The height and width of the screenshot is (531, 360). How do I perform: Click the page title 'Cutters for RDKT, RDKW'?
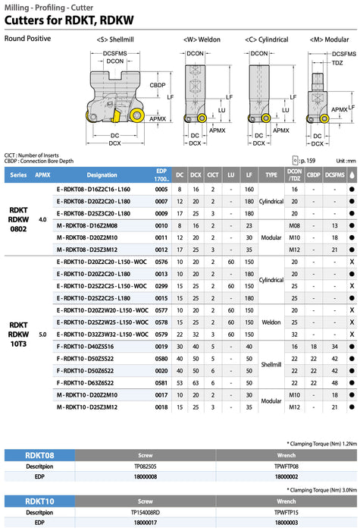pyautogui.click(x=69, y=20)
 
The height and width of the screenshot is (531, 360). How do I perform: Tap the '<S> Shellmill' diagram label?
pyautogui.click(x=115, y=39)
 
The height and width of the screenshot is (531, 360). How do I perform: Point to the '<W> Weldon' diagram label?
pyautogui.click(x=202, y=39)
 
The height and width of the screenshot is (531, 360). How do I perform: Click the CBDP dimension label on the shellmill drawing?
pyautogui.click(x=158, y=85)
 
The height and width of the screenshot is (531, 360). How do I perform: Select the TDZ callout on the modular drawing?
pyautogui.click(x=337, y=63)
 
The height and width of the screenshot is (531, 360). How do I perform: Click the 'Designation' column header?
pyautogui.click(x=102, y=175)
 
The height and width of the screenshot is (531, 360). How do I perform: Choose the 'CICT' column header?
pyautogui.click(x=213, y=175)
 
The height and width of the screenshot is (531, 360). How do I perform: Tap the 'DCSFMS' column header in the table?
pyautogui.click(x=335, y=175)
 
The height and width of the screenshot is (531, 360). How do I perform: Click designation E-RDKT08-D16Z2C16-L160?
pyautogui.click(x=93, y=190)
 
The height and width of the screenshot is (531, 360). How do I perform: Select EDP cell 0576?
pyautogui.click(x=161, y=262)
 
